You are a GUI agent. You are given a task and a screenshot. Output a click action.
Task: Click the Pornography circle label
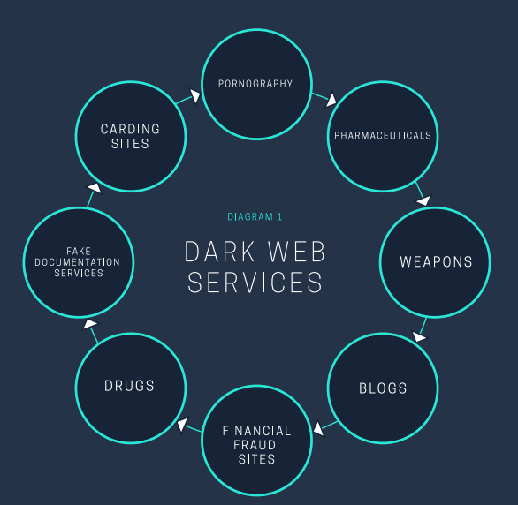tap(255, 84)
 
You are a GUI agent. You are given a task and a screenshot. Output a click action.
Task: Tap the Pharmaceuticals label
tap(383, 136)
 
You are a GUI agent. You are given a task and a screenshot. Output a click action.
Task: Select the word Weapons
tap(436, 262)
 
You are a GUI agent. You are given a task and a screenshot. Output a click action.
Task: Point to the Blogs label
tap(383, 388)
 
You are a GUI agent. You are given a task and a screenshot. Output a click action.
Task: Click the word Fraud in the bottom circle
tap(255, 445)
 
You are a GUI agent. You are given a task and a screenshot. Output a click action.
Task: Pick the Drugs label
tap(129, 386)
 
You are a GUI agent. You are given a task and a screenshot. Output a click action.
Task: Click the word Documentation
tap(77, 262)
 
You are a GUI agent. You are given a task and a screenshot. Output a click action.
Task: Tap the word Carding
tap(130, 129)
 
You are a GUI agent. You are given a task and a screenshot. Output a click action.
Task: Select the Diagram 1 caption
tap(255, 216)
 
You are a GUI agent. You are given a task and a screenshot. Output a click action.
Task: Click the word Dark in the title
tap(219, 252)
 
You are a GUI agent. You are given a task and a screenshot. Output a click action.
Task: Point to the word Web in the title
tap(297, 252)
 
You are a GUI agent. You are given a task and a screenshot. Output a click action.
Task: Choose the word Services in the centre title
tap(255, 283)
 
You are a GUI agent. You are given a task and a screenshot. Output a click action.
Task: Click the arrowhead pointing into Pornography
tap(194, 95)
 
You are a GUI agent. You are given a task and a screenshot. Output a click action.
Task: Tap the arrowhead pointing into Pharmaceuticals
tap(331, 99)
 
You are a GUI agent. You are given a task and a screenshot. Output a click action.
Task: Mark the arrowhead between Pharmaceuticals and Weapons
tap(423, 200)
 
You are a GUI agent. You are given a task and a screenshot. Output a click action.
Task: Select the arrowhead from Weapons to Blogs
tap(419, 336)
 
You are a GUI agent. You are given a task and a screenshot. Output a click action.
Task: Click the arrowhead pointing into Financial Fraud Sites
tap(318, 428)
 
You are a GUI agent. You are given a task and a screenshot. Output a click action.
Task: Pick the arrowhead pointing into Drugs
tap(182, 425)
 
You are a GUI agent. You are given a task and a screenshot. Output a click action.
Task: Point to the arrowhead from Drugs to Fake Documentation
tap(90, 324)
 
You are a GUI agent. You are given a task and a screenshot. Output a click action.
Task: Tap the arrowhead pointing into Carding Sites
tap(95, 188)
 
